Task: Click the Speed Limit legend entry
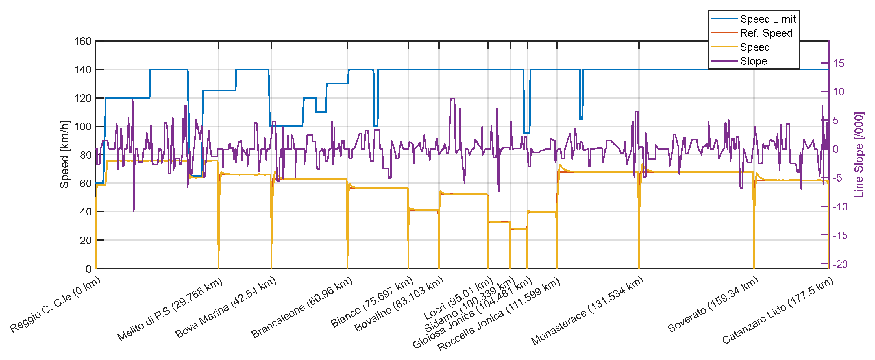pyautogui.click(x=767, y=19)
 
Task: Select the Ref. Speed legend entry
pyautogui.click(x=766, y=33)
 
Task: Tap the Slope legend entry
pyautogui.click(x=753, y=61)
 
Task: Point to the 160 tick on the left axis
pyautogui.click(x=83, y=42)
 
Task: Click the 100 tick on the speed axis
pyautogui.click(x=83, y=126)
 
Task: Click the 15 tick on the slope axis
pyautogui.click(x=838, y=63)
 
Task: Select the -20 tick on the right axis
pyautogui.click(x=840, y=264)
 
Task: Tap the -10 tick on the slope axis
pyautogui.click(x=840, y=206)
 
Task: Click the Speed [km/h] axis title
pyautogui.click(x=65, y=154)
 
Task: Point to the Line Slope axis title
pyautogui.click(x=859, y=154)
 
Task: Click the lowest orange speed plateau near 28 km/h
pyautogui.click(x=519, y=229)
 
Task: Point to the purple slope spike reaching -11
pyautogui.click(x=134, y=211)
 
